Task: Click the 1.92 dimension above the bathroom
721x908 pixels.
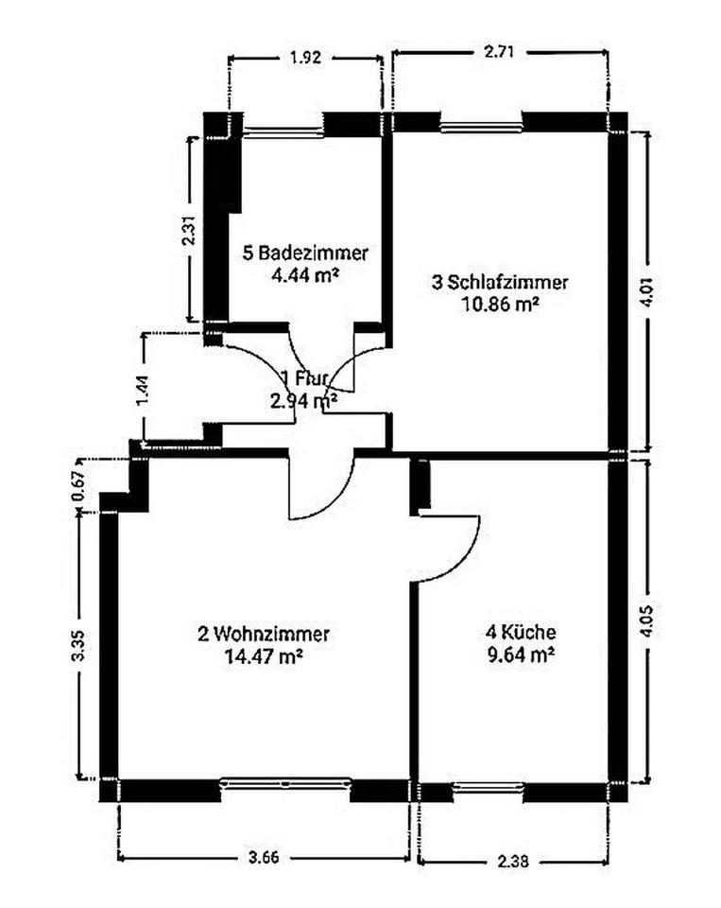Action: (305, 58)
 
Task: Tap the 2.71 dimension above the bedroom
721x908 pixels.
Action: (499, 52)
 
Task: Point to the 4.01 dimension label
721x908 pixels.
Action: (647, 293)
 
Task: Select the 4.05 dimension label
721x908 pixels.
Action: (647, 621)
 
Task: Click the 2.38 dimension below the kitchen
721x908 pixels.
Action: (513, 861)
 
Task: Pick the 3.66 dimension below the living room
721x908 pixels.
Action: (264, 857)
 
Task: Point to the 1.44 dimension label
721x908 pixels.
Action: (144, 391)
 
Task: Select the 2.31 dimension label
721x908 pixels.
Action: (189, 231)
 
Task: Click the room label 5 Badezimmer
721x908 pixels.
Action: (305, 253)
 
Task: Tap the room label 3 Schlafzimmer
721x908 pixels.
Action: (500, 282)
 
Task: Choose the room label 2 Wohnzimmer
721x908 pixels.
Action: (264, 634)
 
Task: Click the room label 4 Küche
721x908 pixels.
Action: (521, 631)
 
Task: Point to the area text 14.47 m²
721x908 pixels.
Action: (264, 655)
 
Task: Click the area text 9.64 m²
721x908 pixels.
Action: (521, 655)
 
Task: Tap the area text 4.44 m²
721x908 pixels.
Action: (305, 274)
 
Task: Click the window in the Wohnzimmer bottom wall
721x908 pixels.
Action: (286, 784)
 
